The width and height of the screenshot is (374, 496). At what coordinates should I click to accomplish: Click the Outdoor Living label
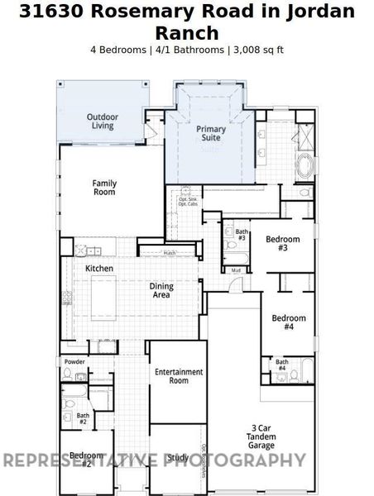[x=103, y=122]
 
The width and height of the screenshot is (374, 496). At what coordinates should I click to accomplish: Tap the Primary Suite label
[x=210, y=134]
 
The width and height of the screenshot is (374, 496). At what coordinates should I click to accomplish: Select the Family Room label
[x=103, y=187]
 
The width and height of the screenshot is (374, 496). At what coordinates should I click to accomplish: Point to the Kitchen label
[x=99, y=269]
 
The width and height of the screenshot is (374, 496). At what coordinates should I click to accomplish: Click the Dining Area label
[x=161, y=290]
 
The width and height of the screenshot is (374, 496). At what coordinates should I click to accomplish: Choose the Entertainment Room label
[x=179, y=376]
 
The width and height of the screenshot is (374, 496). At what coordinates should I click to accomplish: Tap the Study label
[x=178, y=456]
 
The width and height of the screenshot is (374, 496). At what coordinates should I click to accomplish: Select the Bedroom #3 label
[x=282, y=243]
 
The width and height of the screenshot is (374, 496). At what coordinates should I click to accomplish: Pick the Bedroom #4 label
[x=289, y=322]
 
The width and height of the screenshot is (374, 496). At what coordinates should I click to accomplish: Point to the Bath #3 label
[x=242, y=235]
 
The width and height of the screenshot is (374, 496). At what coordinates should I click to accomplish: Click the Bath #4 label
[x=281, y=365]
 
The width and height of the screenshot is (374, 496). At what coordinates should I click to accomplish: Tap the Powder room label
[x=74, y=362]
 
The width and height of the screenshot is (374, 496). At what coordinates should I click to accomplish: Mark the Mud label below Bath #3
[x=236, y=270]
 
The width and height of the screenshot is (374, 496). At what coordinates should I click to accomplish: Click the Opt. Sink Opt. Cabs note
[x=188, y=201]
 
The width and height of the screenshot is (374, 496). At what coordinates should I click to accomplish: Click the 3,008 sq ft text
[x=257, y=49]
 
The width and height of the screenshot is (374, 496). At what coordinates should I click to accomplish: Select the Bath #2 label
[x=83, y=419]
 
